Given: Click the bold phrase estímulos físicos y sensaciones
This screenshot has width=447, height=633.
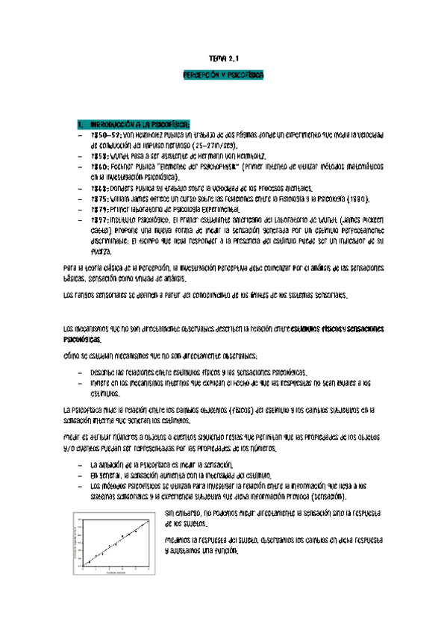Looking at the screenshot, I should click(337, 327).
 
